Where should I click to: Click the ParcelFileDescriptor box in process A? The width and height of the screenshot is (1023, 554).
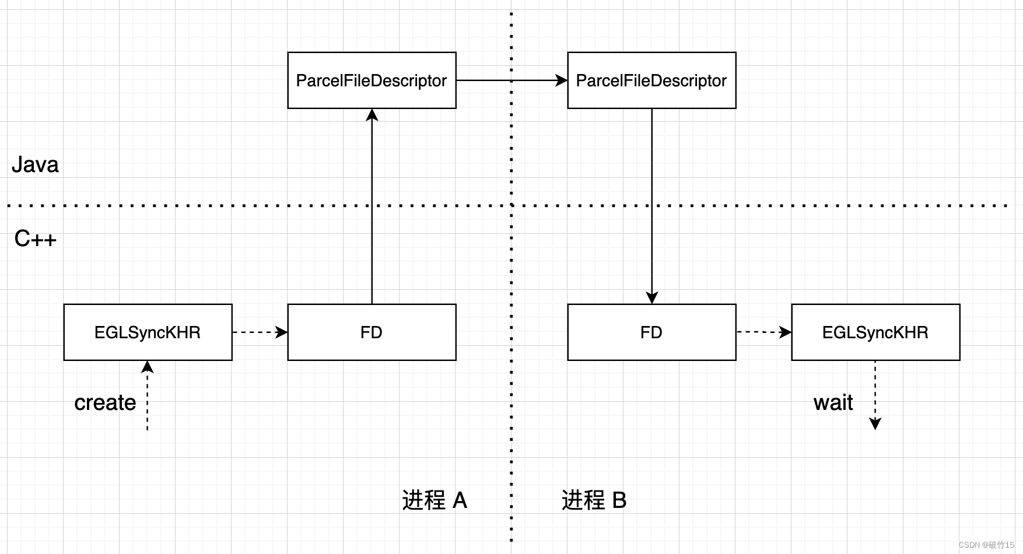pyautogui.click(x=372, y=80)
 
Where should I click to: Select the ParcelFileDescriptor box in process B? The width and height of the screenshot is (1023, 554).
pyautogui.click(x=651, y=80)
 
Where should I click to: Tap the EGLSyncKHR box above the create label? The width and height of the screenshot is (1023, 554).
pyautogui.click(x=148, y=332)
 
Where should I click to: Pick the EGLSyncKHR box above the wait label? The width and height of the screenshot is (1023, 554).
pyautogui.click(x=875, y=332)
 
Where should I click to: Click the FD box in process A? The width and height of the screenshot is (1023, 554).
pyautogui.click(x=372, y=332)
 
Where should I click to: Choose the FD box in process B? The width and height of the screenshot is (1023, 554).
pyautogui.click(x=651, y=332)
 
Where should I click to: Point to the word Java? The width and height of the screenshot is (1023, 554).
pyautogui.click(x=35, y=165)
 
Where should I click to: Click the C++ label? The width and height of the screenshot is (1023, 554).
pyautogui.click(x=35, y=239)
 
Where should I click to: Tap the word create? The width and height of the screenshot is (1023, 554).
pyautogui.click(x=105, y=403)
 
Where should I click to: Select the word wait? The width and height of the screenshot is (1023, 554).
pyautogui.click(x=833, y=403)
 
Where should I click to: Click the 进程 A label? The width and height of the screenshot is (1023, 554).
pyautogui.click(x=435, y=500)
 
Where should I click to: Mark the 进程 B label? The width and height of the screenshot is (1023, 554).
pyautogui.click(x=594, y=500)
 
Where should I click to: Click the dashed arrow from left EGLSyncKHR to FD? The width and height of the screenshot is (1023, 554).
pyautogui.click(x=260, y=332)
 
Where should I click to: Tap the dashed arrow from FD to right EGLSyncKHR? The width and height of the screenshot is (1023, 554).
pyautogui.click(x=763, y=332)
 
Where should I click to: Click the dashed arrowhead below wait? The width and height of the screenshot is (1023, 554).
pyautogui.click(x=875, y=423)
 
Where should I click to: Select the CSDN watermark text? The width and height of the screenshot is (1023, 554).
pyautogui.click(x=986, y=545)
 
